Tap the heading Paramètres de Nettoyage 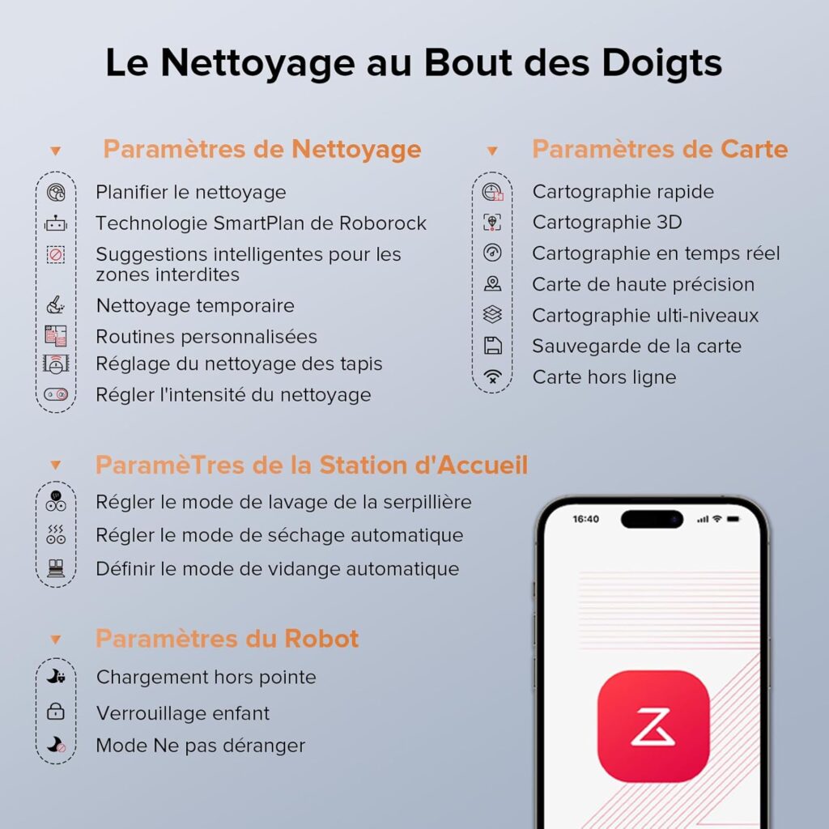(x=261, y=150)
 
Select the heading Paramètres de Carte (x=659, y=150)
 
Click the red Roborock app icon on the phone (x=653, y=725)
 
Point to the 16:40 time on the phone (x=585, y=518)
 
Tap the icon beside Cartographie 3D (x=492, y=223)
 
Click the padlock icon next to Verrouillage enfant (x=56, y=712)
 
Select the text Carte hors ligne (x=604, y=377)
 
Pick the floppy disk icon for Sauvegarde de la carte (x=492, y=346)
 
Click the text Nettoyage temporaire (x=195, y=306)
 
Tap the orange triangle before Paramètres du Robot (x=56, y=640)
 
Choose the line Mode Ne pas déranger (x=201, y=746)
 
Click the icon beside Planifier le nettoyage (x=56, y=193)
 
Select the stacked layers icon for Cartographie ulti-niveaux (x=492, y=315)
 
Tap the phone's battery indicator (x=733, y=518)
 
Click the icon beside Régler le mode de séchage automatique (x=56, y=535)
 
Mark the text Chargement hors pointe (x=206, y=677)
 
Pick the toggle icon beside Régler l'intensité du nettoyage (x=56, y=394)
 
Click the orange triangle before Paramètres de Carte (x=492, y=151)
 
